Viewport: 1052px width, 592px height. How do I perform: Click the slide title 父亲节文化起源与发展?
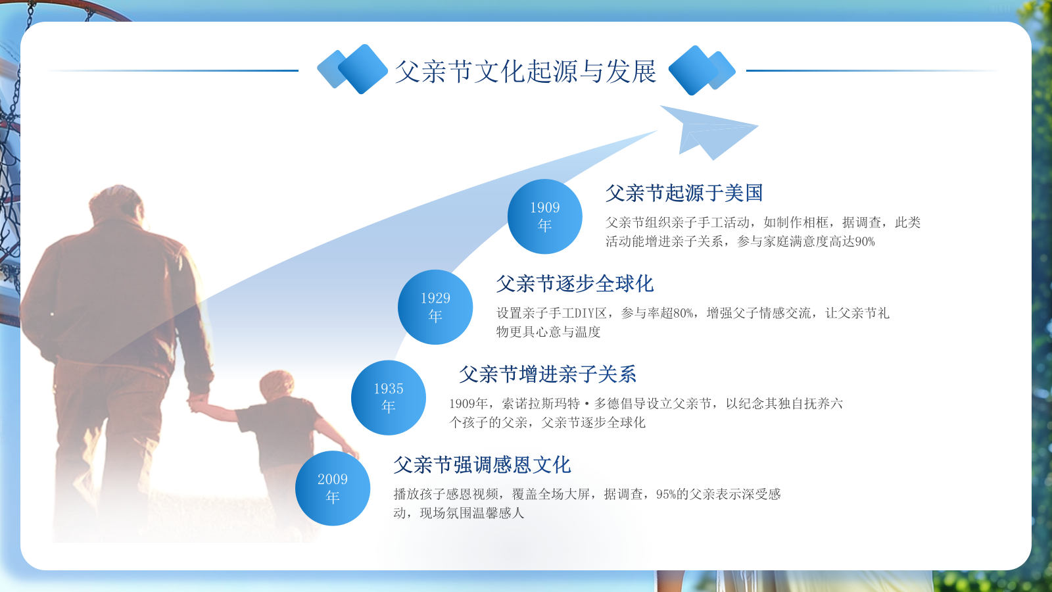click(x=525, y=72)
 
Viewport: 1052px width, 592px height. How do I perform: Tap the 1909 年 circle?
click(x=545, y=216)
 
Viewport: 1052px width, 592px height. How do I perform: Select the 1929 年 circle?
click(x=435, y=307)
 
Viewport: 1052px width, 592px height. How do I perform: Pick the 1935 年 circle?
click(x=389, y=397)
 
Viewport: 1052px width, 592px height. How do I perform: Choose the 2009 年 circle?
click(x=333, y=488)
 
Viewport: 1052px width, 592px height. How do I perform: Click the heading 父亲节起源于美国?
click(x=684, y=193)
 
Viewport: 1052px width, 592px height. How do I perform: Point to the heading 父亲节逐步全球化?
click(x=575, y=284)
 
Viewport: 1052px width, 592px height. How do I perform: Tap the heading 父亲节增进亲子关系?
click(x=548, y=374)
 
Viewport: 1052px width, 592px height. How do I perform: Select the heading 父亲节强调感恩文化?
click(x=482, y=465)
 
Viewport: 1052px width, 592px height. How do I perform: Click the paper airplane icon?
click(x=709, y=132)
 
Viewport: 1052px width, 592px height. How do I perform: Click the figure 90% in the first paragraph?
click(x=865, y=242)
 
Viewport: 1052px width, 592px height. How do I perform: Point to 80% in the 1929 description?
click(x=683, y=313)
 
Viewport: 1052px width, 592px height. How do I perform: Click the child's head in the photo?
click(x=277, y=385)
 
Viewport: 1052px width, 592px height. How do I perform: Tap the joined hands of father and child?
click(x=197, y=402)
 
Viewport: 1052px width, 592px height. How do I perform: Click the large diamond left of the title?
click(x=363, y=69)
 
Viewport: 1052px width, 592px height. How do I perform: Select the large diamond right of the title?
click(x=693, y=70)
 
